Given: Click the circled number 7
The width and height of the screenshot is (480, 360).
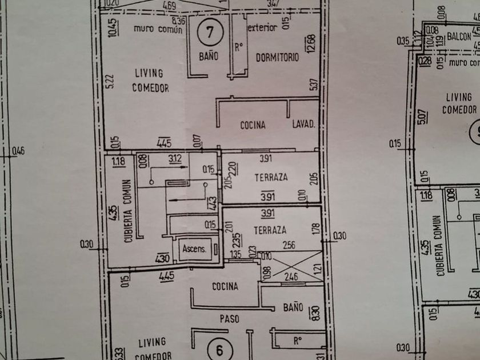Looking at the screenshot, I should tap(210, 32).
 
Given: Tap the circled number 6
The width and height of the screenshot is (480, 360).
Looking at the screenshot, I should tap(217, 348).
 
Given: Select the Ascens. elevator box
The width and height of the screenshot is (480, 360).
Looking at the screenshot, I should tap(194, 249).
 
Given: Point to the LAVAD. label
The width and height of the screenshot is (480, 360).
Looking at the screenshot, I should tap(304, 125).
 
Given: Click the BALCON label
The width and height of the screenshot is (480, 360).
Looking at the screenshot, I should tap(459, 36).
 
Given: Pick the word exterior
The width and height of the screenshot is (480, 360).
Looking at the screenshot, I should tap(263, 27).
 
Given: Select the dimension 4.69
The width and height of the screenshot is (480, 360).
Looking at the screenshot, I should tap(169, 6).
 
